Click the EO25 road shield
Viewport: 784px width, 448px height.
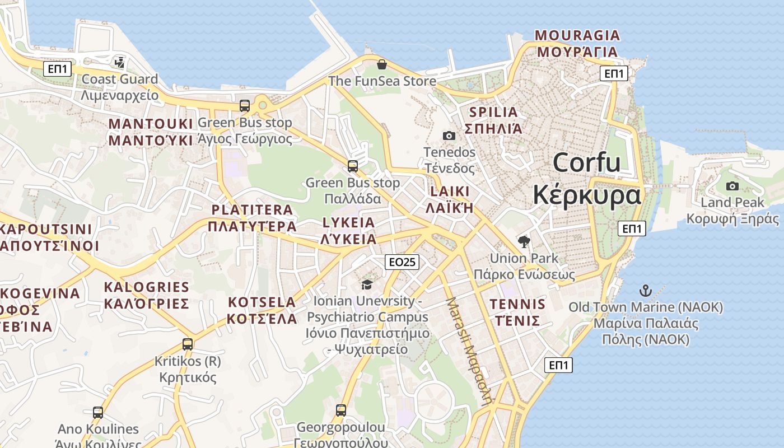[402, 262]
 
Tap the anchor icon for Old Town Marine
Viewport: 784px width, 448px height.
[646, 291]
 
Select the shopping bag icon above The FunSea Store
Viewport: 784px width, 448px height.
[382, 64]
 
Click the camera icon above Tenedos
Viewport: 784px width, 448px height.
[449, 136]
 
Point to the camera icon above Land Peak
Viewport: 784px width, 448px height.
[732, 186]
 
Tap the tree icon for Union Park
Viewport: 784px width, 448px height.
[524, 242]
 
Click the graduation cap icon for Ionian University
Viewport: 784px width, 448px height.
[367, 285]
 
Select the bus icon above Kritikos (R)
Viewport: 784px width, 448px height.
[188, 344]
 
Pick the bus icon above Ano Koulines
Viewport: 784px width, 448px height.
[98, 413]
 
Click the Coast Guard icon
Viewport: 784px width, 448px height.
[119, 62]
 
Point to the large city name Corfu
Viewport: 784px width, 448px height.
[586, 163]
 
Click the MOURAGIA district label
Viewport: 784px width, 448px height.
[577, 36]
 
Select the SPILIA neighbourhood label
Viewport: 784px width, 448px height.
[494, 112]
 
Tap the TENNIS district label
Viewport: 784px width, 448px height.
[517, 304]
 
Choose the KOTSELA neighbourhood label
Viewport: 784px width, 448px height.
[262, 302]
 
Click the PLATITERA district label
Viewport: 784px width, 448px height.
[252, 210]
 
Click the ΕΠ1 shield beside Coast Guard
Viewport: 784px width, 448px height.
[58, 69]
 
